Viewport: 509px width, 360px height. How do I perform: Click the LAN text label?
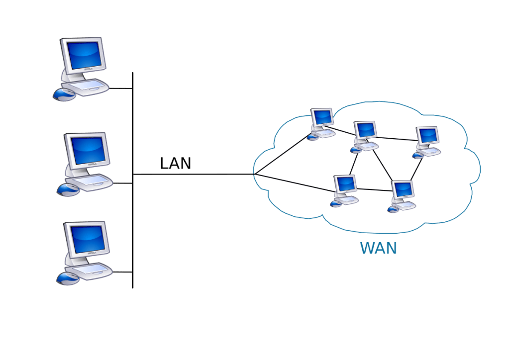point(175,163)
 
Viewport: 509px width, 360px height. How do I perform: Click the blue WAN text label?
point(379,248)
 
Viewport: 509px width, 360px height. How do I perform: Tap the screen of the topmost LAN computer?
point(83,55)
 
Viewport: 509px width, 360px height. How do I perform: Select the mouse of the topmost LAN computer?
point(64,94)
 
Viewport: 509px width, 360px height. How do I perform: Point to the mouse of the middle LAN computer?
point(68,189)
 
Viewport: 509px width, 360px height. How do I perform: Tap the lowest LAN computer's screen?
point(88,239)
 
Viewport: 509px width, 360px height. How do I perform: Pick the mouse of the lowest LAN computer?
point(67,278)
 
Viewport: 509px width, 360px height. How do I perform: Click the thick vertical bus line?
point(133,224)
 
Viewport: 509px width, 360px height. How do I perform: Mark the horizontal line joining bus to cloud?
point(199,174)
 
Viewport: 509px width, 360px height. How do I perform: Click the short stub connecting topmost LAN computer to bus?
point(120,89)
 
